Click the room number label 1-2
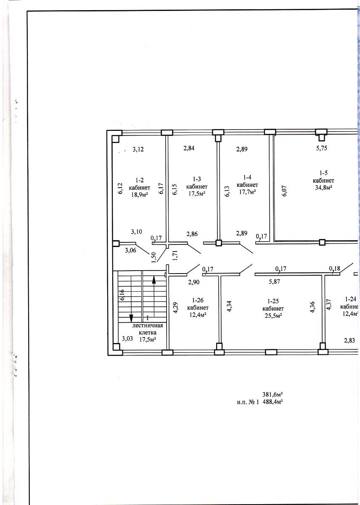pyautogui.click(x=140, y=180)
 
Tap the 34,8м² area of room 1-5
pyautogui.click(x=324, y=188)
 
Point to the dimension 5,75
pyautogui.click(x=321, y=148)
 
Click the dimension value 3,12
pyautogui.click(x=138, y=149)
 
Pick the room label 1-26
pyautogui.click(x=198, y=300)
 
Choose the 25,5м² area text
pyautogui.click(x=273, y=316)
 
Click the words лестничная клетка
pyautogui.click(x=148, y=329)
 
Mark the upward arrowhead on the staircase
pyautogui.click(x=154, y=280)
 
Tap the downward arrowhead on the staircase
pyautogui.click(x=131, y=319)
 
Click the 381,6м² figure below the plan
pyautogui.click(x=273, y=401)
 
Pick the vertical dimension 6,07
pyautogui.click(x=284, y=191)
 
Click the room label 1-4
pyautogui.click(x=247, y=177)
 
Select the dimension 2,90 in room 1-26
pyautogui.click(x=194, y=282)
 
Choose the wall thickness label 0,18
pyautogui.click(x=334, y=268)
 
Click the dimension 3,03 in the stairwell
pyautogui.click(x=127, y=339)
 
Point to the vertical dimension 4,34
pyautogui.click(x=229, y=306)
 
